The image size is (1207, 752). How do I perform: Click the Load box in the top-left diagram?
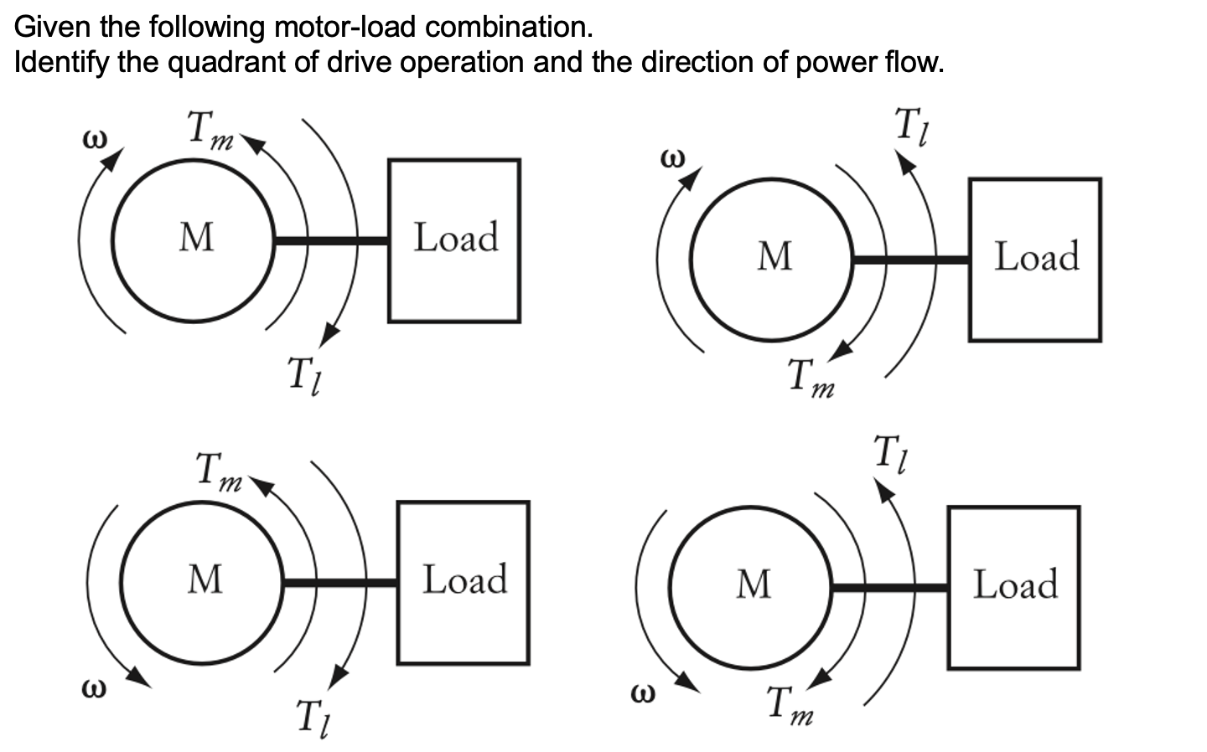point(454,240)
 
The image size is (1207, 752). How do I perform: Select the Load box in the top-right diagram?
point(1035,259)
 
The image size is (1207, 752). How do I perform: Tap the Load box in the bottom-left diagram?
point(464,582)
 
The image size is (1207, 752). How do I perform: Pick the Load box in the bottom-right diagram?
point(1013,587)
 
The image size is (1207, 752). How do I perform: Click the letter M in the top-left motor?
point(196,238)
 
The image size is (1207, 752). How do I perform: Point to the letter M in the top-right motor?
point(774,256)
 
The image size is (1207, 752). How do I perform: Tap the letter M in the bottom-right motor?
point(753,585)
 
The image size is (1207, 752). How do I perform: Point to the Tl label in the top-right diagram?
point(913,127)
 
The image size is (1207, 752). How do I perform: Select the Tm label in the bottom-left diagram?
point(217,472)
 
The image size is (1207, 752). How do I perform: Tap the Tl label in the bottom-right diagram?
point(891,455)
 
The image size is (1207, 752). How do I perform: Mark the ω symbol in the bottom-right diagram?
point(641,694)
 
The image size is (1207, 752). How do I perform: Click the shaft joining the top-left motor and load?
point(331,241)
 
